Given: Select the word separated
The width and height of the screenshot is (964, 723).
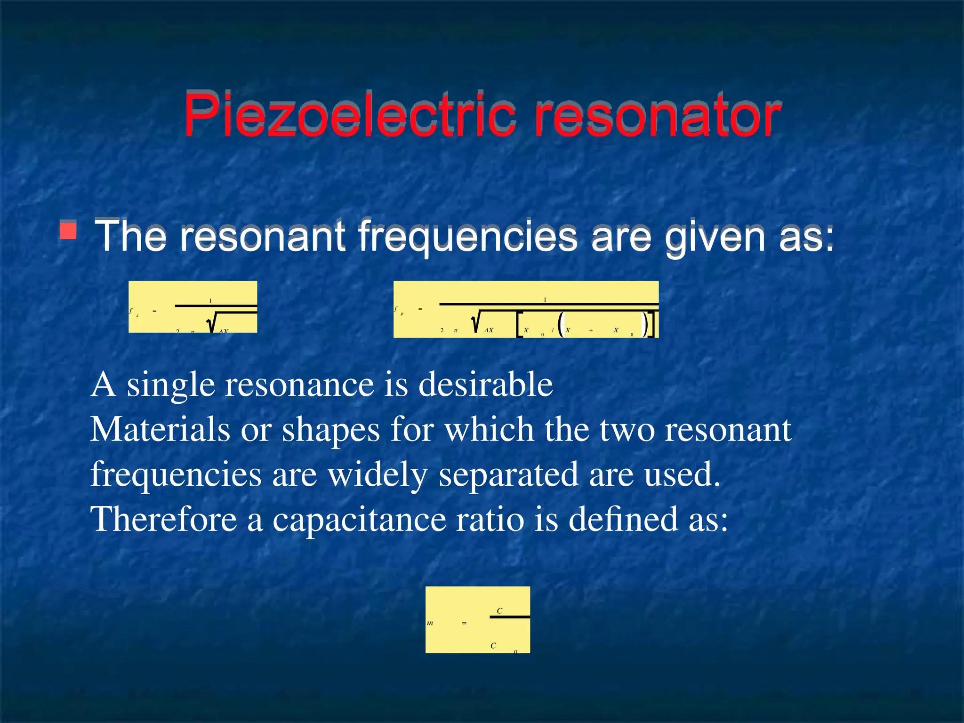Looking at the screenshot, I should pos(508,474).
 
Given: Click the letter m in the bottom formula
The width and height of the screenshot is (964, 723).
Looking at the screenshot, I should pos(430,623).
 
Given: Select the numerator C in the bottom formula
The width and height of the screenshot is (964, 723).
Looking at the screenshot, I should pos(499,611).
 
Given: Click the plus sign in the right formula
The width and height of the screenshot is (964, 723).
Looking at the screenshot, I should pos(591,330).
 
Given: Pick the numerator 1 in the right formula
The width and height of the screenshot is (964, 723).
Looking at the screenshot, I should pos(545,299).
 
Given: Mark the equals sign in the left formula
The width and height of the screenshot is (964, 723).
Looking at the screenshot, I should pos(154,311).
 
